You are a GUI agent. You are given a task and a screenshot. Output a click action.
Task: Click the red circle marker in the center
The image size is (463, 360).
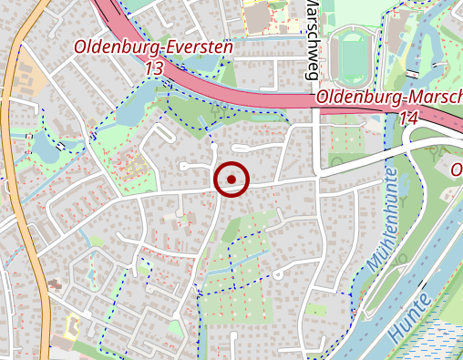231,179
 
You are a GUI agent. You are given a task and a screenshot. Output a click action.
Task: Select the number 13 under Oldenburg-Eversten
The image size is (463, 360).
153,68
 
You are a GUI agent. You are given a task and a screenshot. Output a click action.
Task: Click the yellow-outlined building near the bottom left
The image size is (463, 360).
73,323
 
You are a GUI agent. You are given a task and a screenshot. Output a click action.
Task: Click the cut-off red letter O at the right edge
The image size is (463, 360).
458,170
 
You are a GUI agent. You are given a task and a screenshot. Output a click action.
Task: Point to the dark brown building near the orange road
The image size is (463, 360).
54,285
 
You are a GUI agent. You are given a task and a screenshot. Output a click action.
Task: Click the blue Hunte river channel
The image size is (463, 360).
428,264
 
